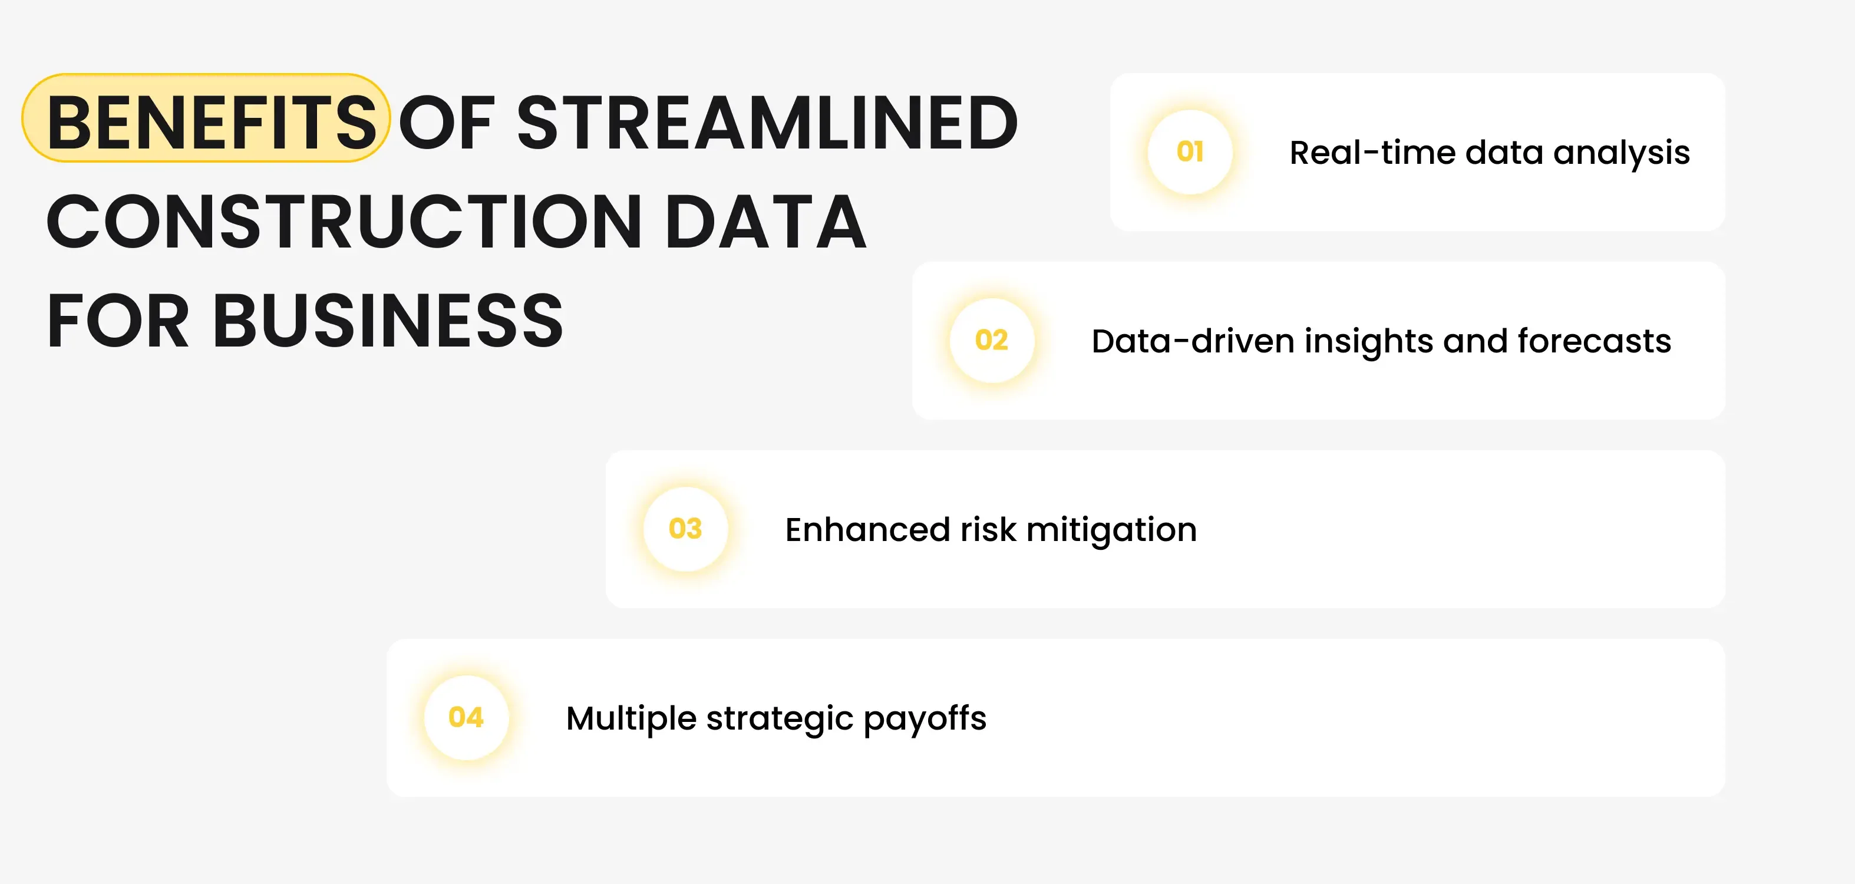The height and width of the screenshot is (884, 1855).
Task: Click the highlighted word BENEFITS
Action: point(210,123)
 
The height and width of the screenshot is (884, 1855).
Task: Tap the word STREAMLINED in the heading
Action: point(767,123)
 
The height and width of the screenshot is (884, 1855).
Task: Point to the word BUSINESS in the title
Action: point(387,321)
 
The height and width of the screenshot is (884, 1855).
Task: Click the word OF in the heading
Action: point(447,123)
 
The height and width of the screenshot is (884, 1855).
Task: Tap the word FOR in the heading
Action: point(117,321)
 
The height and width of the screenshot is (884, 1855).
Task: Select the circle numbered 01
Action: point(1190,152)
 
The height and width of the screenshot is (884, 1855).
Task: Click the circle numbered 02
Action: point(992,340)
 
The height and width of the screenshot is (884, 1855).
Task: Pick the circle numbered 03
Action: point(685,529)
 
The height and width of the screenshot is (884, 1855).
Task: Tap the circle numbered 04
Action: point(466,718)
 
